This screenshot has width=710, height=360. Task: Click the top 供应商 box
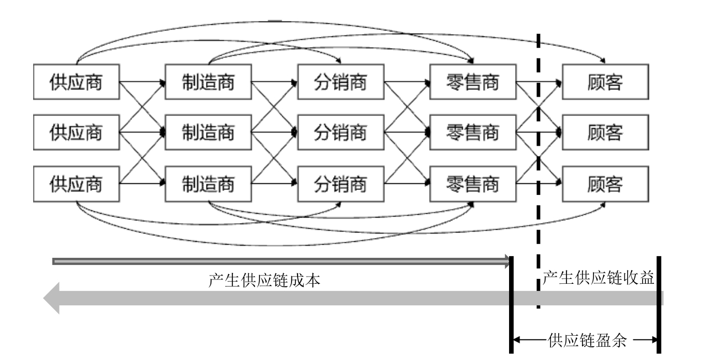[x=76, y=82]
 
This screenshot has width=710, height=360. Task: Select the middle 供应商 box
[x=76, y=133]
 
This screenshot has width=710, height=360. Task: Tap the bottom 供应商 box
[x=76, y=183]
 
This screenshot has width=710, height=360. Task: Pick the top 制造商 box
[x=208, y=82]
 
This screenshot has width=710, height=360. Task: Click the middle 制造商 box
[x=208, y=133]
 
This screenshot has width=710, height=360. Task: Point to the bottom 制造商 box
[x=208, y=183]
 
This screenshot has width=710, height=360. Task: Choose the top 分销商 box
[x=341, y=82]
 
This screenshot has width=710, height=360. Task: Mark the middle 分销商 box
[x=341, y=133]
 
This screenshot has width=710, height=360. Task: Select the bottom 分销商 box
[x=341, y=183]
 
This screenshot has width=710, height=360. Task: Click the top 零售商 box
[x=473, y=82]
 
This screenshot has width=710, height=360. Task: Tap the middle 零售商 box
[x=473, y=133]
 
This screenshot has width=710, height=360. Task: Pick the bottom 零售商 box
[x=473, y=183]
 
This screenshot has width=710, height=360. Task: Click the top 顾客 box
[x=605, y=82]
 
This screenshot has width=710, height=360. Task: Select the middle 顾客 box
[x=605, y=133]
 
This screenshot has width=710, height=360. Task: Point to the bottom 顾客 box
[x=605, y=183]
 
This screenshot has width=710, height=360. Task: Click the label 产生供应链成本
[x=265, y=280]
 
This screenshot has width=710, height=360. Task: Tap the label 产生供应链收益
[x=598, y=278]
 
